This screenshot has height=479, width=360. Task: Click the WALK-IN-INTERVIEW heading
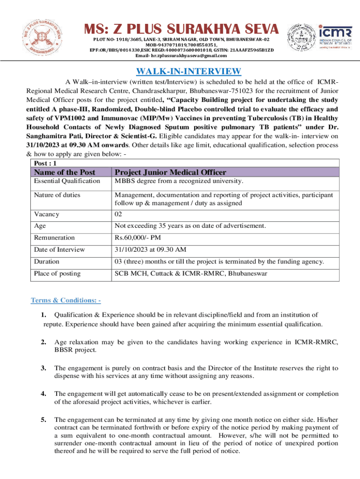(188, 71)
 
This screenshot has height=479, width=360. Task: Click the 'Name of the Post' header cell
(65, 173)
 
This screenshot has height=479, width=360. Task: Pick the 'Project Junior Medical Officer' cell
(170, 173)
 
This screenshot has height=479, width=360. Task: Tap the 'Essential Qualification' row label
(67, 181)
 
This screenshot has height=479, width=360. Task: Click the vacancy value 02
(119, 214)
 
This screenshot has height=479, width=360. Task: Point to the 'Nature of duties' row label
(57, 195)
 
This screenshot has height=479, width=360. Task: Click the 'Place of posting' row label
(57, 273)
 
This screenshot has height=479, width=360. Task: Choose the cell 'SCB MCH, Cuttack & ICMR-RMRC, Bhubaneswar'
(191, 273)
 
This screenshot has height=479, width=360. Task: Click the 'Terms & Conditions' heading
(65, 300)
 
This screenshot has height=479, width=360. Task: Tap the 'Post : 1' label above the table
(45, 163)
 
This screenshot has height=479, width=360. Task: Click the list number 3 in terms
(44, 368)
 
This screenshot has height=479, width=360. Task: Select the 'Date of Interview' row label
(59, 249)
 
